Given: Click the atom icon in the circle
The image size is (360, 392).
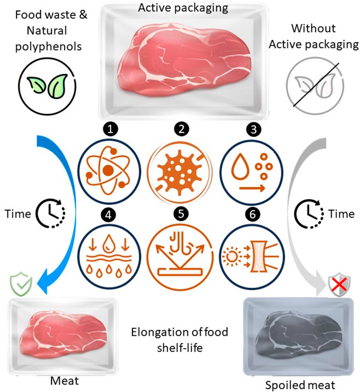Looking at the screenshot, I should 110,168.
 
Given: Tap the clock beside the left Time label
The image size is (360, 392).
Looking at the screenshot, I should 52,214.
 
